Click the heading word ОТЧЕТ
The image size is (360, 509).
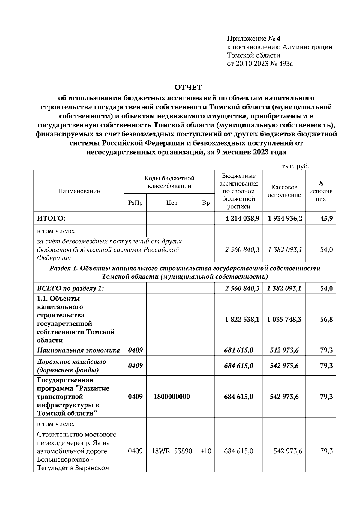[189, 88]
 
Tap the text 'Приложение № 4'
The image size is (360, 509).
[253, 39]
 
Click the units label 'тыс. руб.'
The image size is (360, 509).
[295, 166]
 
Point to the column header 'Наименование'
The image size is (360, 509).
[79, 191]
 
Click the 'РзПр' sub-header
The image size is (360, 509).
[135, 203]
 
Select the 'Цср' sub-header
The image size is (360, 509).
[172, 203]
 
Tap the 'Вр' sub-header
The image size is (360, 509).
[206, 203]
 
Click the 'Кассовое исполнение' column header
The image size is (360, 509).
[284, 191]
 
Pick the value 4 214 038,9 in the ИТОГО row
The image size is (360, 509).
[242, 218]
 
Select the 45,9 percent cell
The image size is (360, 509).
[326, 218]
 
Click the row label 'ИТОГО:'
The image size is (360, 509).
[51, 218]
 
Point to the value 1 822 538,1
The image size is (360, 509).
[242, 319]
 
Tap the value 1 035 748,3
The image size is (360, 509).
[284, 319]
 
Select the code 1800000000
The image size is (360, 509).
[172, 397]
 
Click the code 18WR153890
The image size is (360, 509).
[172, 451]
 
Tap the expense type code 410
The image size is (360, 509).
[206, 451]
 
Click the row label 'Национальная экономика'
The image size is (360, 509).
[79, 350]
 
